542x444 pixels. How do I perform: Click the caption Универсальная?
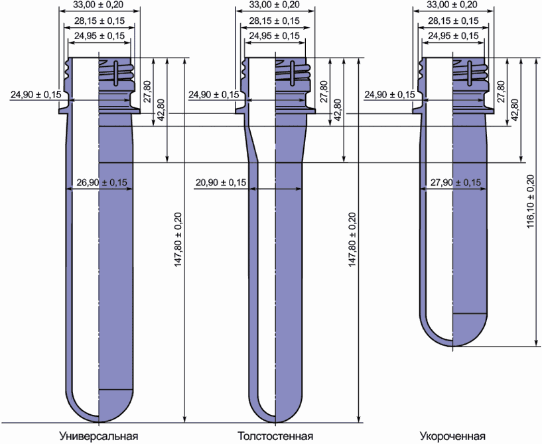tap(99, 435)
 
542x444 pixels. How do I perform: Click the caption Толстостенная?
tap(275, 435)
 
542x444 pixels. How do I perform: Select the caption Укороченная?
tap(453, 435)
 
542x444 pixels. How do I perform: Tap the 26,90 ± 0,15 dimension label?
tap(102, 182)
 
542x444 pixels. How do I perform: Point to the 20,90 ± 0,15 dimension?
tap(221, 182)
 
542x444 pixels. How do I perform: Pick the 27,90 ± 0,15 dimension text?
tap(456, 182)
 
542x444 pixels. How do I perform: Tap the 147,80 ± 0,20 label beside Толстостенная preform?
tap(352, 240)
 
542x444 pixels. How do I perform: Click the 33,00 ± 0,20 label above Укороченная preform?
tap(452, 5)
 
